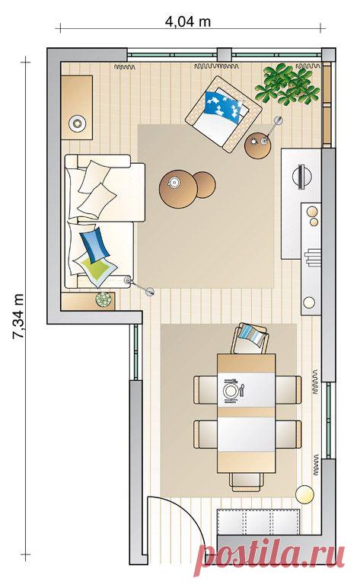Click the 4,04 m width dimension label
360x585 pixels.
[188, 21]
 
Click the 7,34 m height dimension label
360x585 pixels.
[18, 315]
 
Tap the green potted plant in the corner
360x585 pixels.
[287, 85]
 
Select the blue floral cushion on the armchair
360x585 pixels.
[222, 107]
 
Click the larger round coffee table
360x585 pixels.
[178, 189]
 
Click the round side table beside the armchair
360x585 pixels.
[258, 146]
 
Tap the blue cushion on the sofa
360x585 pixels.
[94, 245]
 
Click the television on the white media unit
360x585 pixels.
[301, 175]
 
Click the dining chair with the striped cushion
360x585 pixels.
[250, 338]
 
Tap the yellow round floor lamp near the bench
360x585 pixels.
[304, 494]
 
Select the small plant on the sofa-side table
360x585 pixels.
[104, 299]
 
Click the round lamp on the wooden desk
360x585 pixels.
[78, 123]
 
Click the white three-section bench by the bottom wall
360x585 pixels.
[259, 522]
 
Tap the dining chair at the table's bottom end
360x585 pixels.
[247, 482]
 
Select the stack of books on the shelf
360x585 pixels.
[312, 257]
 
